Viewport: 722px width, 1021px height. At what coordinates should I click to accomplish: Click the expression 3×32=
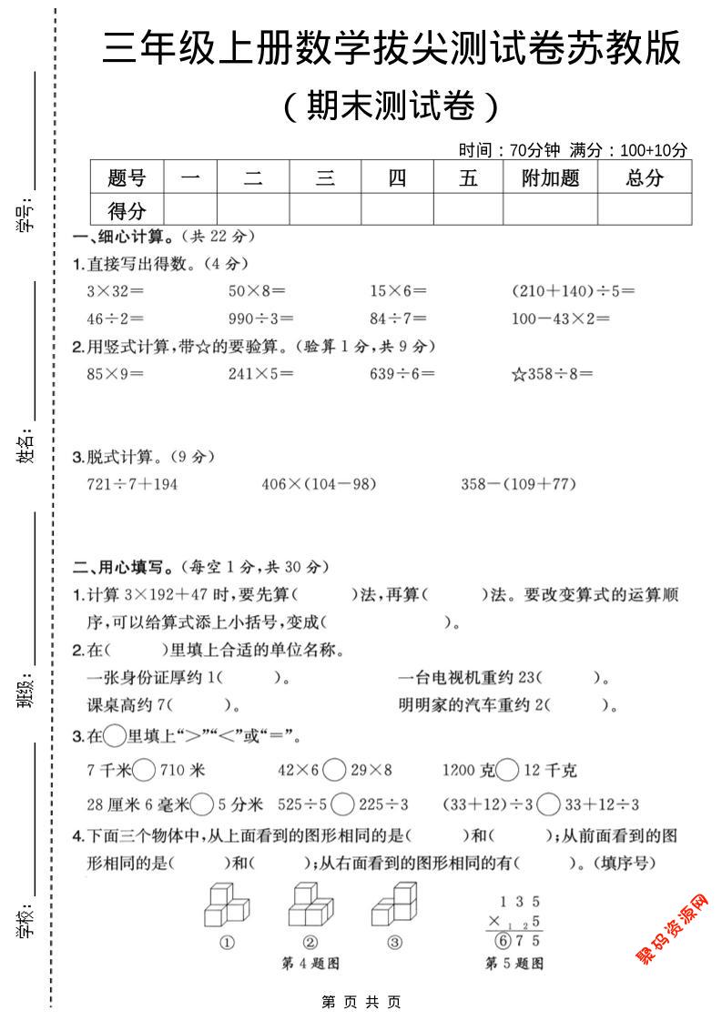coord(110,291)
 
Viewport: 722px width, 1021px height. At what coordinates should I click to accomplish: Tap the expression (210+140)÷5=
coord(574,291)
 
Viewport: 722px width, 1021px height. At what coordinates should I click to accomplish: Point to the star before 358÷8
coord(518,374)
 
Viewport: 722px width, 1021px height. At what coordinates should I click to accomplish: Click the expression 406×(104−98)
coord(319,484)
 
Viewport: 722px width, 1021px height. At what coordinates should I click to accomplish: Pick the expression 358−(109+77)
coord(518,484)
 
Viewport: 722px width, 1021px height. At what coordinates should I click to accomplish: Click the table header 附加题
coord(550,177)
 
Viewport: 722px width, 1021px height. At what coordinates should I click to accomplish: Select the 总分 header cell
coord(645,177)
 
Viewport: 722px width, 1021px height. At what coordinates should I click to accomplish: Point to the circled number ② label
coord(310,943)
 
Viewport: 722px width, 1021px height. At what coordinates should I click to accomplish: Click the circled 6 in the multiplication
coord(498,941)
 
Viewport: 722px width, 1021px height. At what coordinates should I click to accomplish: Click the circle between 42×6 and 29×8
coord(334,771)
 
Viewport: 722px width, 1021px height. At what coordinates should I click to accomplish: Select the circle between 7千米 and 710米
coord(144,771)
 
